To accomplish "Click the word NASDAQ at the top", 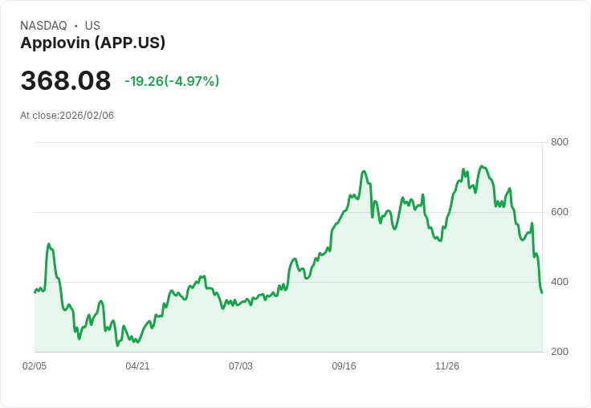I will [x=43, y=26].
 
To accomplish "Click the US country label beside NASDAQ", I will [x=92, y=26].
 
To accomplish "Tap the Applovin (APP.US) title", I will [x=92, y=43].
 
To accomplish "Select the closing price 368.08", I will [x=66, y=81].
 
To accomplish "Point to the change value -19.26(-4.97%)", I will [x=172, y=81].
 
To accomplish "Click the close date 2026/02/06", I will [x=87, y=115].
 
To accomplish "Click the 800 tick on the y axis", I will [x=560, y=142].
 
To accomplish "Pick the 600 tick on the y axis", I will [x=560, y=212].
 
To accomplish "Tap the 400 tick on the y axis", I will [x=560, y=282].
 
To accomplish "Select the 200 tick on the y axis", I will [x=560, y=352].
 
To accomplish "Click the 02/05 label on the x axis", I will [x=35, y=366].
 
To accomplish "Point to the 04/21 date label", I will [x=137, y=366].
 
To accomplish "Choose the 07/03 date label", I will [x=241, y=366].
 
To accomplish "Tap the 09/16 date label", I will [x=344, y=366].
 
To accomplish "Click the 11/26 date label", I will [x=447, y=366].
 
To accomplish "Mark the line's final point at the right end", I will [x=542, y=292].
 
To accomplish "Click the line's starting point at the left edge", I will [x=35, y=292].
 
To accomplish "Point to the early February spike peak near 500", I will [x=49, y=244].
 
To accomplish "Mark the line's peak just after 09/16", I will [x=364, y=171].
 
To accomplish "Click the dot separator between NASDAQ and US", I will [x=76, y=26].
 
